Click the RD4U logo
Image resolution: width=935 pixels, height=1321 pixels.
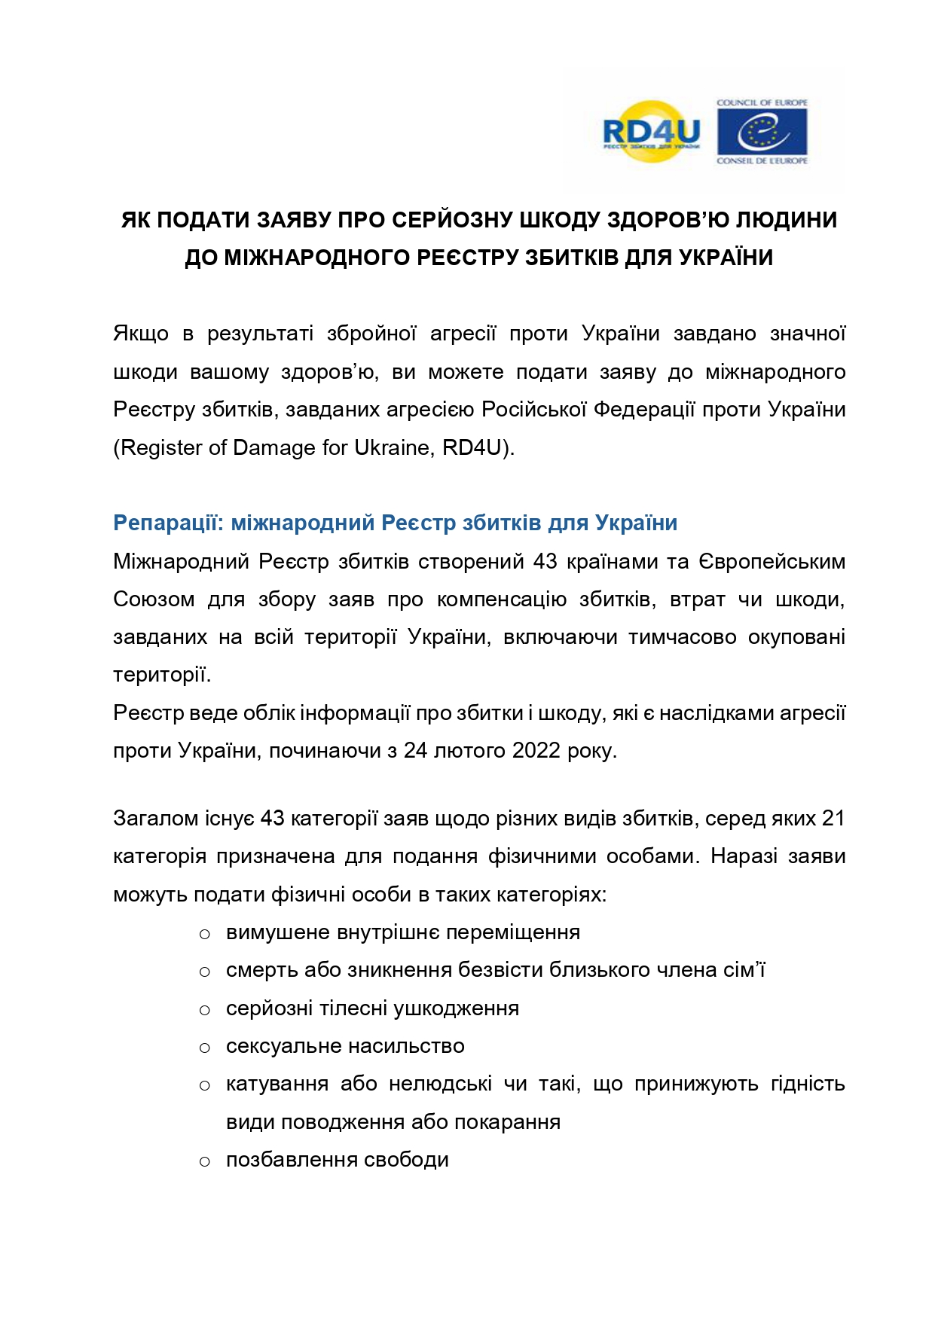tap(651, 133)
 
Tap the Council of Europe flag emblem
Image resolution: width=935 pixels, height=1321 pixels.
tap(762, 132)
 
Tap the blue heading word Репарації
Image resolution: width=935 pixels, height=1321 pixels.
tap(168, 523)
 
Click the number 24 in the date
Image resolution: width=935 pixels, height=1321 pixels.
tap(415, 751)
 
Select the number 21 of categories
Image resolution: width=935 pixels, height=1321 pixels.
tap(833, 818)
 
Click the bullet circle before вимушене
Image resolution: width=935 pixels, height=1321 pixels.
tap(204, 934)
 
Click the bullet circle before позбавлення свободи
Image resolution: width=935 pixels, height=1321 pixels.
tap(204, 1161)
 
